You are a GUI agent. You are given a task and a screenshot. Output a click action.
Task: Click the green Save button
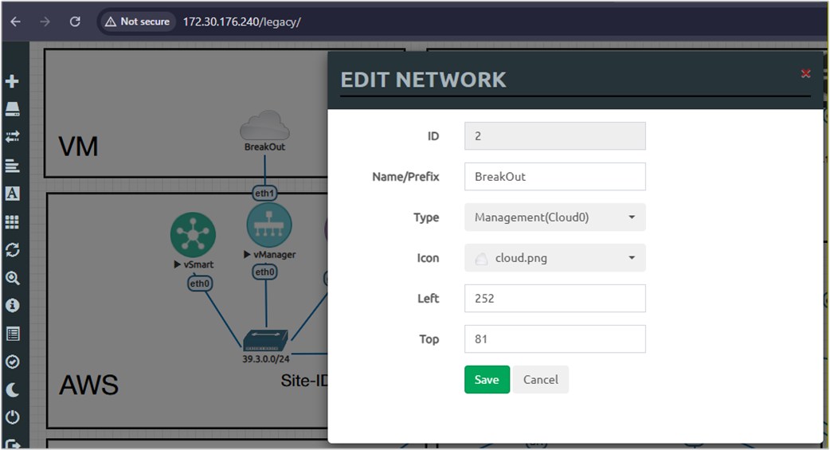pos(487,380)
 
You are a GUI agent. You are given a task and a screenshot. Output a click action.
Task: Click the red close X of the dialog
pos(805,73)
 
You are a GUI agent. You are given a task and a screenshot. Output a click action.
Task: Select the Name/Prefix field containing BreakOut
pos(554,176)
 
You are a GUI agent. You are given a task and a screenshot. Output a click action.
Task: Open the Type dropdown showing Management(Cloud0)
pos(554,217)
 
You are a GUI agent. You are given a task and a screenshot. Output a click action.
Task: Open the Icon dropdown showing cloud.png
pos(554,258)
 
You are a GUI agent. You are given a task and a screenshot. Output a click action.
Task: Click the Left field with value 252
pos(554,298)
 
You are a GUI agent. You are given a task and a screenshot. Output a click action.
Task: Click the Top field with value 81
pos(554,338)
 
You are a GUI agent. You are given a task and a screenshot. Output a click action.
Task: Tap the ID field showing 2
pos(554,136)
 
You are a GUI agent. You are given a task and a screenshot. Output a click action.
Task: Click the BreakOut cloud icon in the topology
pos(264,125)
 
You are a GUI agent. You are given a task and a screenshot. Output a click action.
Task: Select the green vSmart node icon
pos(193,234)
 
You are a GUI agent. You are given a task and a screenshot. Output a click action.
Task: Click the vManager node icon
pos(269,225)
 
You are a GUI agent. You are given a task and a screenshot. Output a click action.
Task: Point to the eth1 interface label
pos(264,194)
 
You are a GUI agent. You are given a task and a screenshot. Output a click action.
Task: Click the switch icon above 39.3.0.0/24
pos(265,340)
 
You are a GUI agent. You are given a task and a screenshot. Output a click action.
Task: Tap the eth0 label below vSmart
pos(200,284)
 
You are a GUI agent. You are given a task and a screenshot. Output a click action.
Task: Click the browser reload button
pos(75,22)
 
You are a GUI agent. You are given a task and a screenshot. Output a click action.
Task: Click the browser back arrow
pos(15,22)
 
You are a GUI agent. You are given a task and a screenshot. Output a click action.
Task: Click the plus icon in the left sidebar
pos(12,81)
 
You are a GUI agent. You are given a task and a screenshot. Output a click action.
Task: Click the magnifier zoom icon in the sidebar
pos(12,278)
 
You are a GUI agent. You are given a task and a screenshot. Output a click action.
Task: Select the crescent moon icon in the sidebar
pos(12,389)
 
